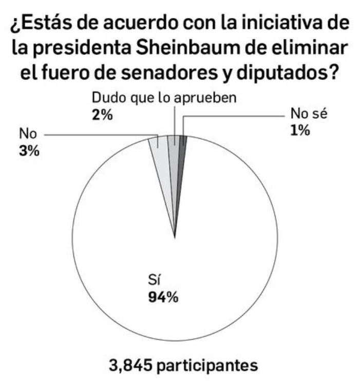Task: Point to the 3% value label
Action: click(x=29, y=152)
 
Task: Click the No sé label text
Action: click(x=307, y=114)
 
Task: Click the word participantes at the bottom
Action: click(x=207, y=366)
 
